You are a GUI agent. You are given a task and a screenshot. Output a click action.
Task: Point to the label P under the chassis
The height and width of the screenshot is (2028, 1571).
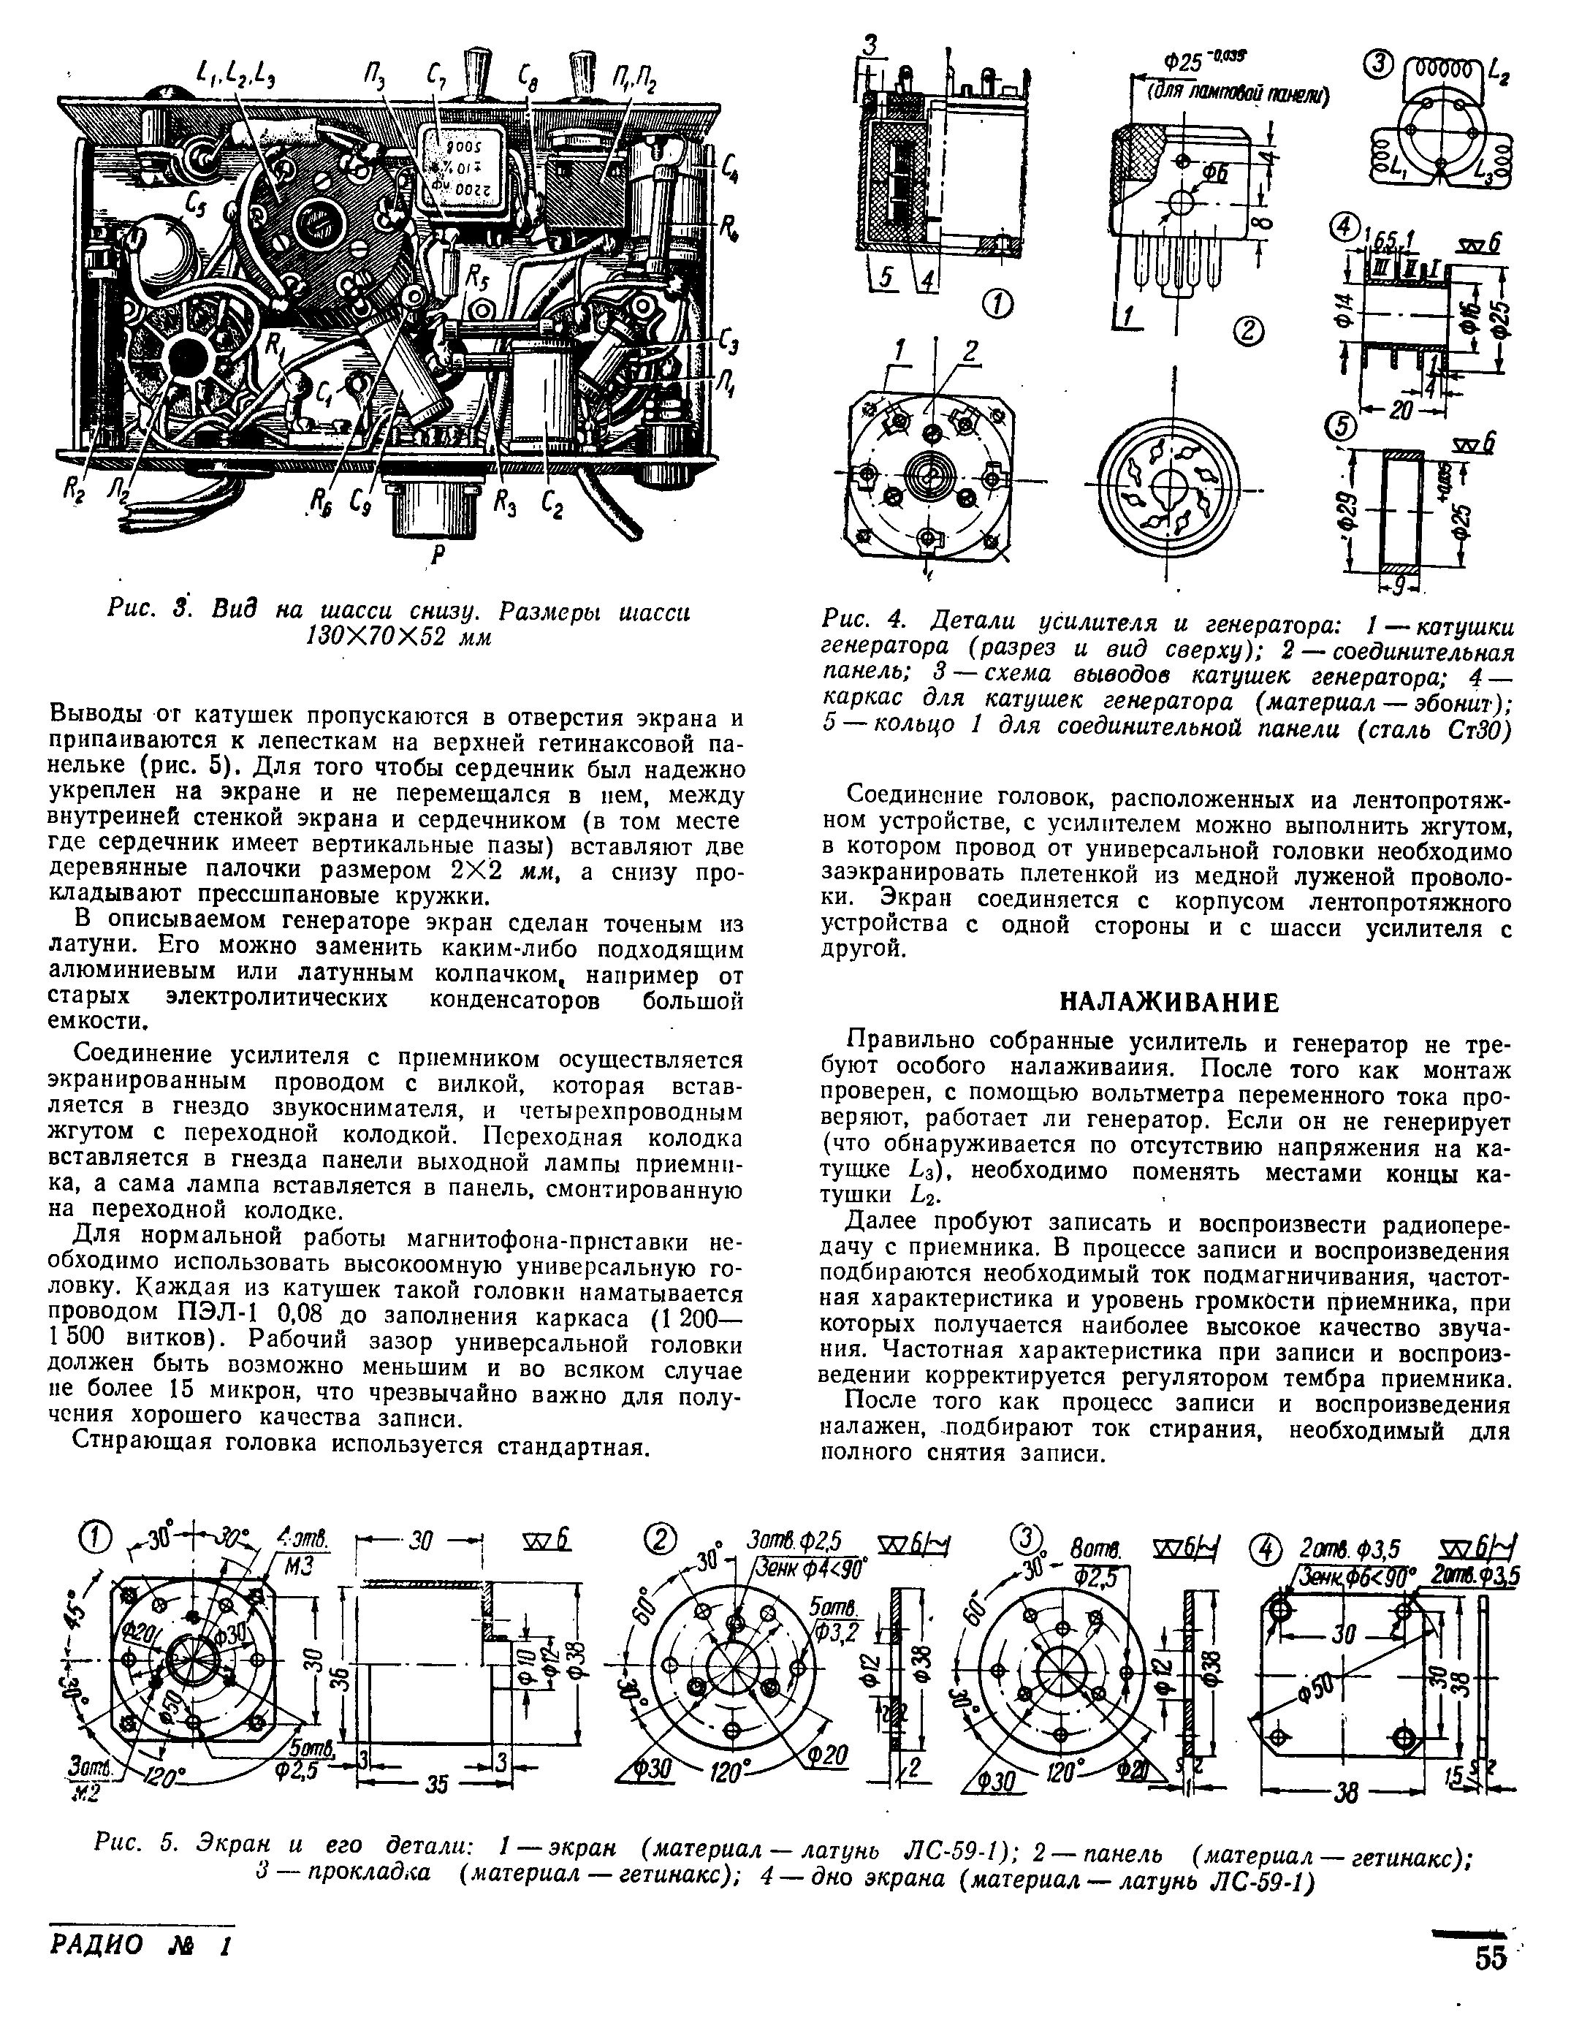[433, 557]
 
